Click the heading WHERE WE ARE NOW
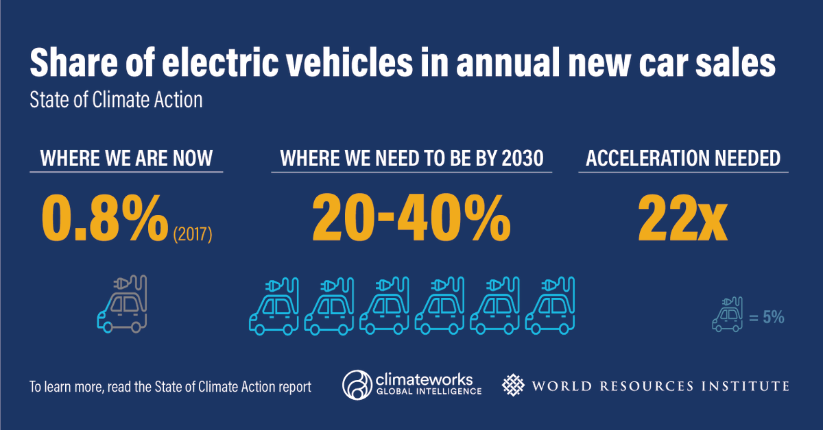pos(127,159)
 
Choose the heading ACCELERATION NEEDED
pos(683,159)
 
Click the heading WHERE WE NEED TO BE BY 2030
pos(411,159)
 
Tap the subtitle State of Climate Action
pos(116,100)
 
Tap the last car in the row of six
pos(549,306)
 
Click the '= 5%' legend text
pos(766,318)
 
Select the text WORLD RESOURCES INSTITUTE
pos(660,386)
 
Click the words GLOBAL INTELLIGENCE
pos(428,392)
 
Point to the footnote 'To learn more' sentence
pos(170,387)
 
